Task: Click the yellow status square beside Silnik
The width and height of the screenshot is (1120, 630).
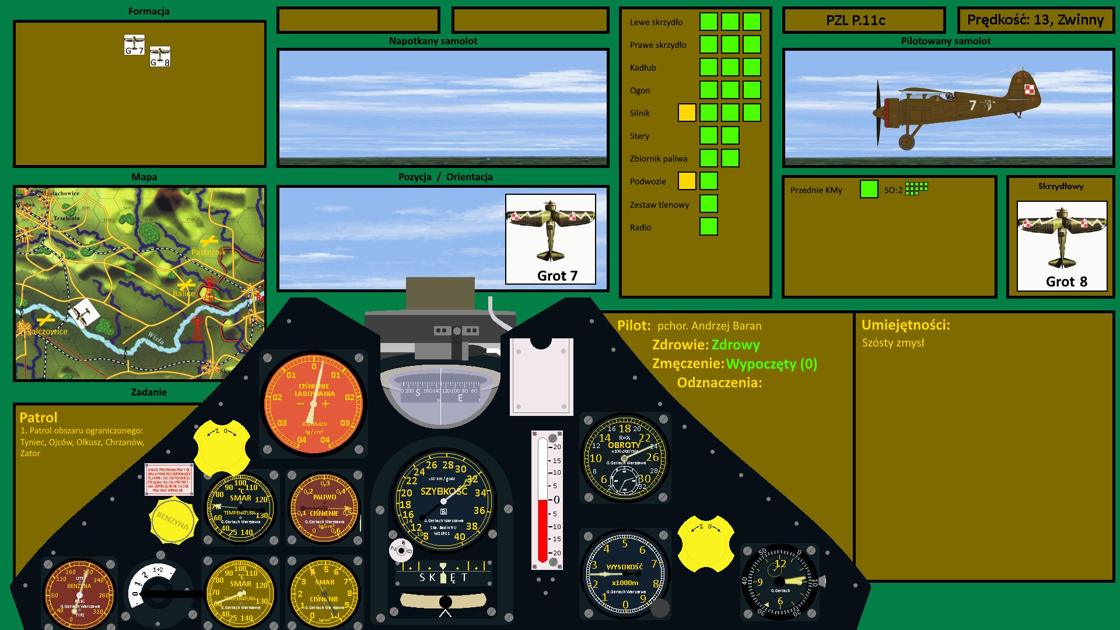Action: [687, 113]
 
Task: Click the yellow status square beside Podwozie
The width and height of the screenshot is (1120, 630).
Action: [687, 181]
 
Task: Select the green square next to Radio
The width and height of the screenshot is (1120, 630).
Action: [708, 226]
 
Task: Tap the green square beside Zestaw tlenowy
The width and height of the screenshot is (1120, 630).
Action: [708, 204]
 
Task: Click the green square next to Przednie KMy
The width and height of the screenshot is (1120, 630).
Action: [869, 189]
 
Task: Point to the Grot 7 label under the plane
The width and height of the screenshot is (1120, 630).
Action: [557, 276]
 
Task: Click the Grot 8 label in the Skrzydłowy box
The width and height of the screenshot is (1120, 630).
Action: [1066, 282]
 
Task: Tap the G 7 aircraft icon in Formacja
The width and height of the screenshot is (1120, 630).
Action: [134, 45]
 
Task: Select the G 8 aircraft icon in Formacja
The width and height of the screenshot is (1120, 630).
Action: [160, 57]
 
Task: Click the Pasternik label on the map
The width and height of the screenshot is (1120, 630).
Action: [208, 252]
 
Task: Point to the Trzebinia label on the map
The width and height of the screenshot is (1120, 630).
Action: [66, 218]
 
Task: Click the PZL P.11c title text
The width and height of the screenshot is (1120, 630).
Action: [855, 20]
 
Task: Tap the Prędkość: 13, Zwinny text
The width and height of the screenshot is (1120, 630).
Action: [1035, 20]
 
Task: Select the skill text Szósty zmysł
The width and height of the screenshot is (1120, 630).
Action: [893, 343]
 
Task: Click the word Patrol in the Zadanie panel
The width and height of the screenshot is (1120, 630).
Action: [38, 418]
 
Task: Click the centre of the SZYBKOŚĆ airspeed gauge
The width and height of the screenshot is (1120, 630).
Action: [444, 501]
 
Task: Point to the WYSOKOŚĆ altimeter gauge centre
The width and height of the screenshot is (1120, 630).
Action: [625, 575]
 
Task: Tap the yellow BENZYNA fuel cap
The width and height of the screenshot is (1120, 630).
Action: [173, 520]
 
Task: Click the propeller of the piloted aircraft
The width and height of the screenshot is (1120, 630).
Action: [878, 112]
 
